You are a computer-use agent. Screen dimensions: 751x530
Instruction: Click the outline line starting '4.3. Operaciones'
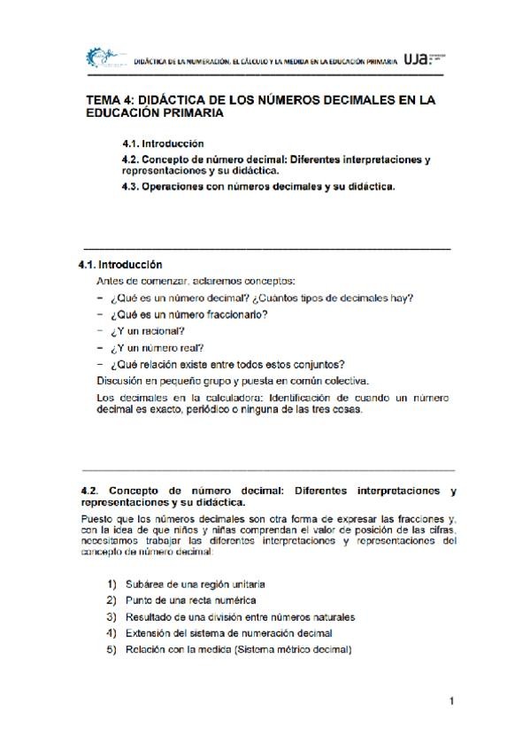point(258,187)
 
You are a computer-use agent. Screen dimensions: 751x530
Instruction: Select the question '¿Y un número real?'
point(157,347)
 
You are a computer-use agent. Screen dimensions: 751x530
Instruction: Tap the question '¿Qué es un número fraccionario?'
point(188,314)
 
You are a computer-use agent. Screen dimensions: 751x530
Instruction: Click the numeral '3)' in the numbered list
point(111,616)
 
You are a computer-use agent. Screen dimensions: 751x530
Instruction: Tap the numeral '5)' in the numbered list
point(111,648)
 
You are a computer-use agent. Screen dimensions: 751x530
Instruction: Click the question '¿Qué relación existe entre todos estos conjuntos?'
point(227,364)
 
